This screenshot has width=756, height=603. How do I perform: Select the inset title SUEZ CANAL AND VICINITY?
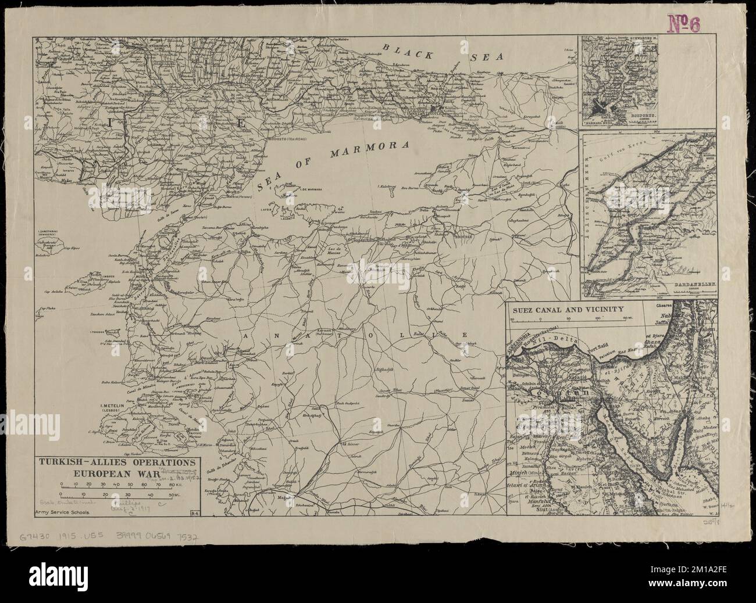[x=568, y=310]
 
